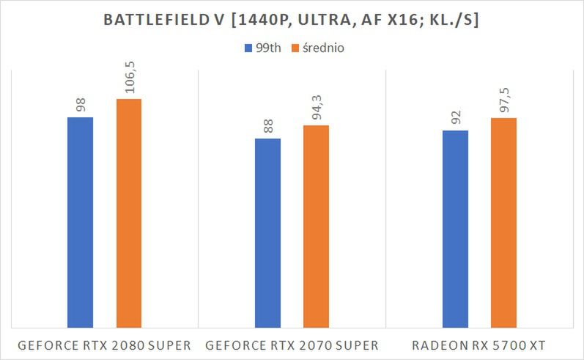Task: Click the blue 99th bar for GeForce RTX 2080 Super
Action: pyautogui.click(x=80, y=221)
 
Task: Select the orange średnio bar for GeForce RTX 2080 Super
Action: pyautogui.click(x=128, y=213)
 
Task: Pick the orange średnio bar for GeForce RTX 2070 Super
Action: pyautogui.click(x=316, y=226)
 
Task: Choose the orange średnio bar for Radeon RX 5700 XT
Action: pyautogui.click(x=503, y=222)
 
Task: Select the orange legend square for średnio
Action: pyautogui.click(x=295, y=49)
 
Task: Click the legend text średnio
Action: pyautogui.click(x=323, y=49)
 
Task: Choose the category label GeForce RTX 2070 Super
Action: pyautogui.click(x=292, y=345)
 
